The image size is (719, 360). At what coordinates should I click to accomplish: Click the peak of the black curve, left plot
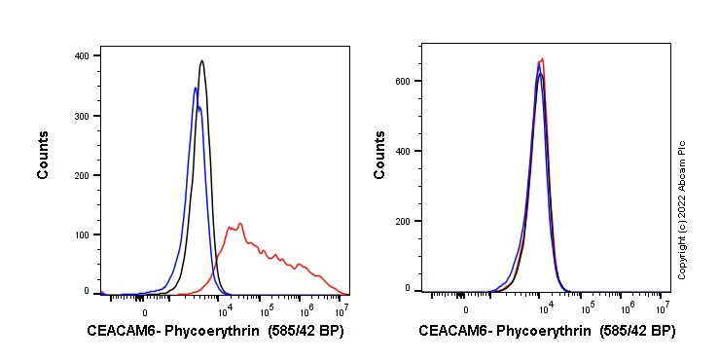pos(201,60)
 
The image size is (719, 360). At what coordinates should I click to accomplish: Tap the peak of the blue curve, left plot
pos(196,88)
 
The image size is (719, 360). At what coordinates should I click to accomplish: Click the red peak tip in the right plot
pos(542,58)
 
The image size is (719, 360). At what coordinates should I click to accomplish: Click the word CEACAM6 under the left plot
pos(117,331)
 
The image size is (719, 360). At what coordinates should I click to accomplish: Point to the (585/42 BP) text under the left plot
pos(304,331)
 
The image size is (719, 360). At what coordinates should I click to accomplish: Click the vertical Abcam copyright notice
pos(682,209)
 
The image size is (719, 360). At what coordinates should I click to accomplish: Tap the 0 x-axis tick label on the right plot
pos(465,309)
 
